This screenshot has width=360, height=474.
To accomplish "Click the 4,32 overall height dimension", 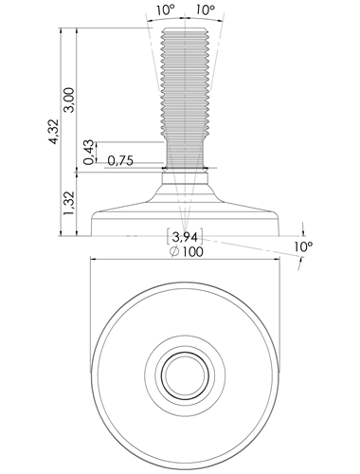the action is [x=54, y=132].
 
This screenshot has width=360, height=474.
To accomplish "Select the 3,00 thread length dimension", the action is [x=69, y=100].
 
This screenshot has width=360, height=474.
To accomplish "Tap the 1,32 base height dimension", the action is [x=69, y=203].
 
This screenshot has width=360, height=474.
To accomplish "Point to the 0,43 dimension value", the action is [x=89, y=152].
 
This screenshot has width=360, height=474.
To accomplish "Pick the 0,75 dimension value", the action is [x=120, y=161].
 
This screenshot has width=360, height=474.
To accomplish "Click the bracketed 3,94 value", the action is [x=185, y=236].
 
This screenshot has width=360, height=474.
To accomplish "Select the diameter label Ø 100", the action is [x=187, y=252].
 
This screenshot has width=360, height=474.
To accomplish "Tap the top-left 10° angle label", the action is [x=165, y=10].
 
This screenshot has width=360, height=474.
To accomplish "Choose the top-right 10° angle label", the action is [x=205, y=10].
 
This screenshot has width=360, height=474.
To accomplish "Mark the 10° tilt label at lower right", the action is [x=303, y=246].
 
